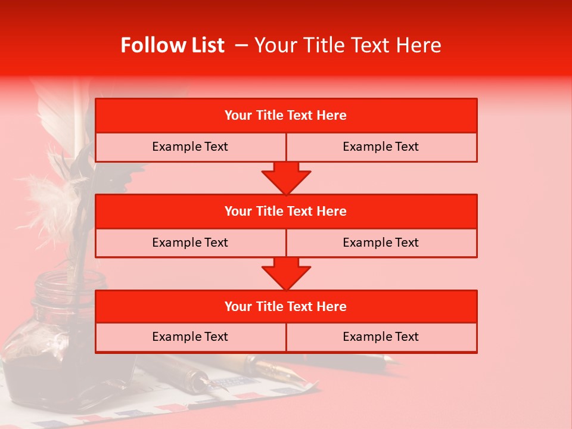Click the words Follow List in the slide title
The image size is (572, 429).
(x=172, y=45)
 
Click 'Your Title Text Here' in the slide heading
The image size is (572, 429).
(x=347, y=45)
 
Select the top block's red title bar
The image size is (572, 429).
(x=286, y=116)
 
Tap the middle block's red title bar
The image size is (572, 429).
(x=286, y=211)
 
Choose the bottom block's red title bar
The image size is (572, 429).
(x=286, y=306)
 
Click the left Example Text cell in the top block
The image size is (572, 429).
(x=190, y=147)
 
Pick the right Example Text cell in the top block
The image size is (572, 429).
(x=381, y=147)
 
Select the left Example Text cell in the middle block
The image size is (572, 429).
(x=190, y=243)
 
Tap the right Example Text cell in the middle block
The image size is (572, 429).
(x=381, y=243)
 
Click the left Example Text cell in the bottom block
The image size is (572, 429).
(x=190, y=337)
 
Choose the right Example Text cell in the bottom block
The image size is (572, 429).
(x=381, y=337)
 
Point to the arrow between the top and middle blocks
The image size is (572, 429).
(x=286, y=178)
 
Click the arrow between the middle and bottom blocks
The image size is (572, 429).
(x=286, y=273)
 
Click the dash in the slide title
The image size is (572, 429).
(x=241, y=45)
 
